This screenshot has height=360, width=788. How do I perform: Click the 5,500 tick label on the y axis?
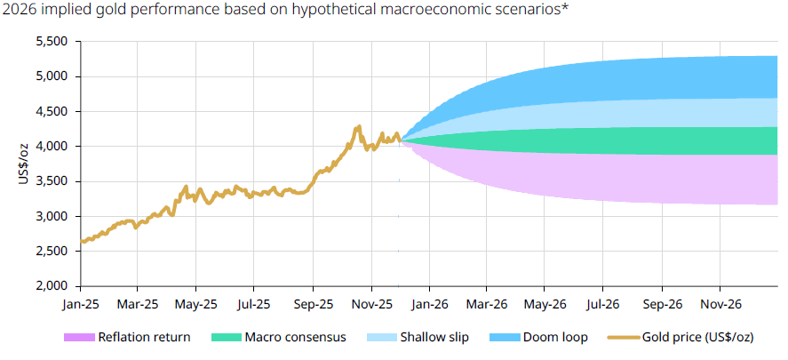coord(52,42)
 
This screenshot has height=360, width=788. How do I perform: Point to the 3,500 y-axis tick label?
coord(52,181)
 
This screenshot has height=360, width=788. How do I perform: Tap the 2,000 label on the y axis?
coord(52,286)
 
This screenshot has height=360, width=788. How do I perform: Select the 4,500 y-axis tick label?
coord(52,112)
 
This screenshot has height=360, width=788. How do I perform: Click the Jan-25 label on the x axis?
coord(80,304)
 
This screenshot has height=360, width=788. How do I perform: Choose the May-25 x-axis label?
coord(195,304)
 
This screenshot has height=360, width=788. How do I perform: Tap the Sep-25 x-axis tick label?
coord(313,304)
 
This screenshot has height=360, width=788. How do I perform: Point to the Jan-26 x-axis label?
coord(430,304)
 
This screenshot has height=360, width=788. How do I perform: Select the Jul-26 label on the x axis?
coord(602,304)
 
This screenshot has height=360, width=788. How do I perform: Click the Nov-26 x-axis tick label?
coord(720,304)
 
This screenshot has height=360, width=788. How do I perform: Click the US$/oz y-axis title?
coord(24,164)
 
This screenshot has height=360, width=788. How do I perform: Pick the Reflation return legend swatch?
coord(79,338)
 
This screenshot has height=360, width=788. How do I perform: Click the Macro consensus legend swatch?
coord(227,338)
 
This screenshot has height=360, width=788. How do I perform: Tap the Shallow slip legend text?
coord(434,337)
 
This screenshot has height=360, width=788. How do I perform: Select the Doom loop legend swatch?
coord(505,338)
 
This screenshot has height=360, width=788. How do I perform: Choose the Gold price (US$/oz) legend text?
coord(698,338)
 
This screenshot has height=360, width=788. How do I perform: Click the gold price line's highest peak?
coord(359,126)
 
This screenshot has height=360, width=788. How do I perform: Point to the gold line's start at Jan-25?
coord(82,241)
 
